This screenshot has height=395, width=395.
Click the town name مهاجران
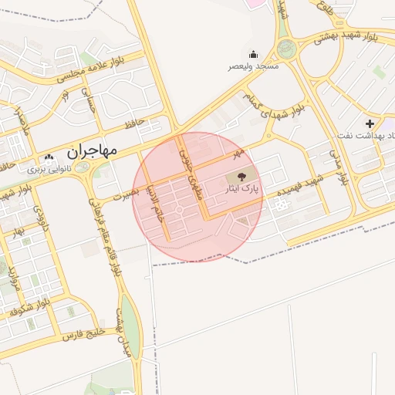pos(92,150)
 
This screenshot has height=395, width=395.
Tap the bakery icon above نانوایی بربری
pos(49,157)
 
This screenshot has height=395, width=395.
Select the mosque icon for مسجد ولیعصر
pos(253,54)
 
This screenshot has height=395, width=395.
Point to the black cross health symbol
pos(370,123)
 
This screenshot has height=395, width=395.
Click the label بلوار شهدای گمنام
pos(272,105)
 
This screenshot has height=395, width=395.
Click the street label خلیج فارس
pos(62,335)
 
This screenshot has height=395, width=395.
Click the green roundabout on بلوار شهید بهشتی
pos(287,49)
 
